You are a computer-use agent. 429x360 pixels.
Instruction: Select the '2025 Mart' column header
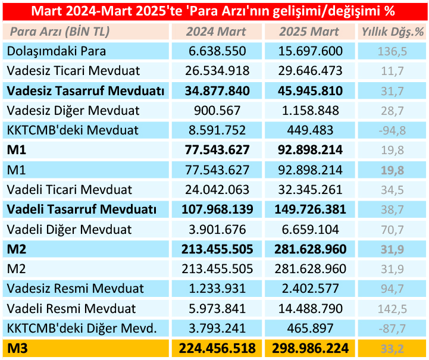click(309, 32)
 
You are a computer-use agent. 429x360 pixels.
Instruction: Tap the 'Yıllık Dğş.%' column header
click(392, 32)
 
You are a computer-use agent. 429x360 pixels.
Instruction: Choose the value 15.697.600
click(309, 51)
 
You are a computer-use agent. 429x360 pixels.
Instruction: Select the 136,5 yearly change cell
click(392, 51)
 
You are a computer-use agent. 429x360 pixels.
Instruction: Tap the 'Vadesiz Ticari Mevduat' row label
click(74, 71)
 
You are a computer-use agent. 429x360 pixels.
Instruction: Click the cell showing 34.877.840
click(217, 91)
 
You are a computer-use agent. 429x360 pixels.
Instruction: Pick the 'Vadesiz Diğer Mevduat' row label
click(73, 111)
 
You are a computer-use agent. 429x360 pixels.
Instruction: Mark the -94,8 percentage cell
click(392, 130)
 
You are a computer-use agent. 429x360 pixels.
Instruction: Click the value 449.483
click(309, 130)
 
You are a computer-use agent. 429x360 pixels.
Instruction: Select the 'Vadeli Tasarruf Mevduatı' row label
click(82, 209)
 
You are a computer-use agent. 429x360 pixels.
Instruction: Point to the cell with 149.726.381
click(309, 209)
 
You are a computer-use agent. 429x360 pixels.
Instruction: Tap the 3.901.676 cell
click(217, 229)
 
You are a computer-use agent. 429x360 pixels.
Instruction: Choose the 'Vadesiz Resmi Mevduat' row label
click(76, 289)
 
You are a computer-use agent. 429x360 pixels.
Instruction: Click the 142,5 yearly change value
click(392, 308)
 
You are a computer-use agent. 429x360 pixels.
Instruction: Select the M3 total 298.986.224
click(309, 348)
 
